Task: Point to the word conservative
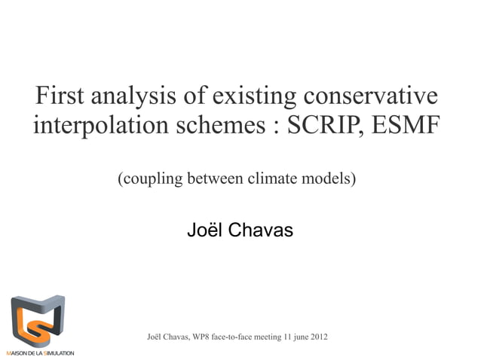coord(371,96)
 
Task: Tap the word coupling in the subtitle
coord(147,180)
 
